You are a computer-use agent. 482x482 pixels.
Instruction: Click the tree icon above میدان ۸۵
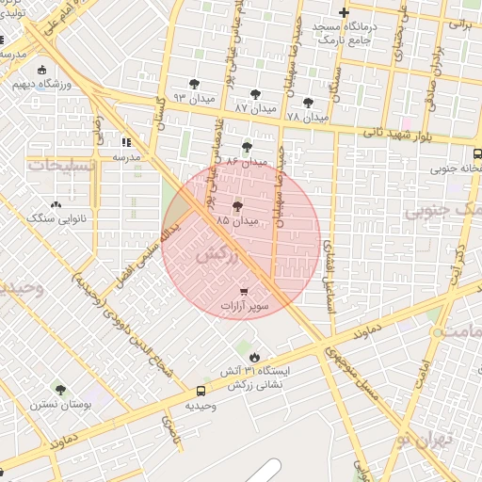[x=236, y=205]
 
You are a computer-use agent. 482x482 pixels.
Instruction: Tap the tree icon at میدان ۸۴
[x=247, y=147]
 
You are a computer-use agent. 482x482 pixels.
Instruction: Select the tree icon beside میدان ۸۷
[x=255, y=94]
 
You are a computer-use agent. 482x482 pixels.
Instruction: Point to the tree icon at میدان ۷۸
[x=308, y=103]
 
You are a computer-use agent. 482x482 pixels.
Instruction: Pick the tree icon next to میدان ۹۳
[x=195, y=84]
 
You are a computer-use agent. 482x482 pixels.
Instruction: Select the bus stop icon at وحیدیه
[x=201, y=391]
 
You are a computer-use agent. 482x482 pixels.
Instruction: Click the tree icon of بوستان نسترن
[x=60, y=389]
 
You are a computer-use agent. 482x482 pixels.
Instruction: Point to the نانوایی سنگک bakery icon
[x=56, y=203]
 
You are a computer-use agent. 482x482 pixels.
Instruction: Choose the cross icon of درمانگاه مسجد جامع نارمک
[x=345, y=13]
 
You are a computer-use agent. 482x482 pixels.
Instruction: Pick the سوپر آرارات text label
[x=246, y=307]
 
